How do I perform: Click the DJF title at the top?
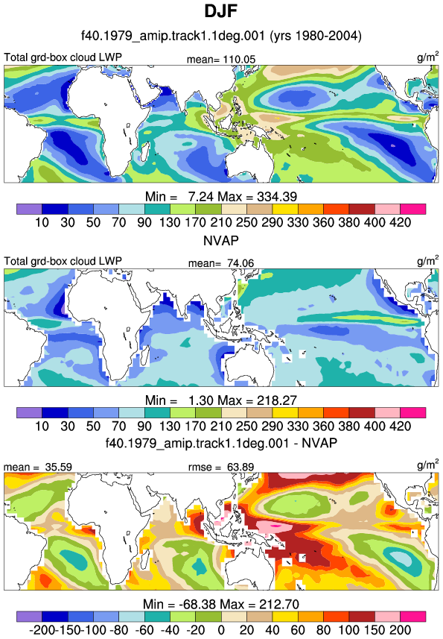tap(221, 11)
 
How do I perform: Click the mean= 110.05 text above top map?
tap(221, 60)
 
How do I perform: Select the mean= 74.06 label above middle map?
tap(221, 263)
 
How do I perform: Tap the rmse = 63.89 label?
tap(221, 467)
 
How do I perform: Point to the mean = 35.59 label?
tap(38, 467)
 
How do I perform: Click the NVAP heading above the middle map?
tap(221, 240)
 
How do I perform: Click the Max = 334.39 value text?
tap(258, 197)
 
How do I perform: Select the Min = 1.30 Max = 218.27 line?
tap(221, 400)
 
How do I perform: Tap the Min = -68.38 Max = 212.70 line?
tap(221, 604)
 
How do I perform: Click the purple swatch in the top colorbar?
tap(29, 209)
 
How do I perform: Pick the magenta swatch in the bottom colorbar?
tap(413, 616)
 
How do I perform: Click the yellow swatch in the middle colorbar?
tap(285, 413)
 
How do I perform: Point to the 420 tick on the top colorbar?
tap(401, 222)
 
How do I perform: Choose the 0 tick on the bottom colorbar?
tap(221, 630)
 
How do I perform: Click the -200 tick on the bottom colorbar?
tap(42, 630)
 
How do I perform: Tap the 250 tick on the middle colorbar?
tap(247, 426)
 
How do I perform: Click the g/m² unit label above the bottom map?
tap(428, 463)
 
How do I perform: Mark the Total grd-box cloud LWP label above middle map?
tap(63, 261)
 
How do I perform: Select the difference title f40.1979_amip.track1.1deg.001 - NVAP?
tap(221, 443)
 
